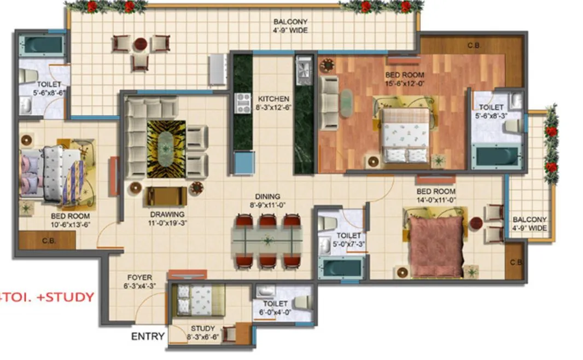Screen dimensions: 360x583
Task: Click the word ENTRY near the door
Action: click(148, 336)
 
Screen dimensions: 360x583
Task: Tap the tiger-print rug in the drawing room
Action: click(166, 142)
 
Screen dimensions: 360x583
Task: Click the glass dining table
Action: click(267, 241)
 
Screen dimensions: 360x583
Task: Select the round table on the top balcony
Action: click(141, 43)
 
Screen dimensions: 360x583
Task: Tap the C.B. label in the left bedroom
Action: click(46, 240)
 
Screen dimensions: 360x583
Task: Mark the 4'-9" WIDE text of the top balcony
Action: click(290, 30)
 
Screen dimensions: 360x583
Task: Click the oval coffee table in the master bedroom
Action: click(347, 102)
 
